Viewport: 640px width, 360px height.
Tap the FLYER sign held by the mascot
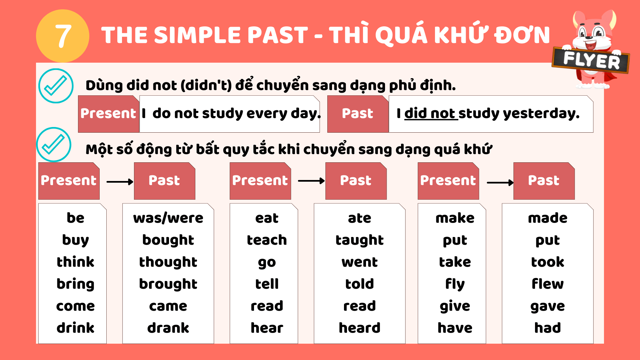tap(591, 60)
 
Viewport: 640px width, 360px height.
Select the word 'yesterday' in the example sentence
tap(541, 114)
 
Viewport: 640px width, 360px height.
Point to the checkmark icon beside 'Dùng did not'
tap(56, 86)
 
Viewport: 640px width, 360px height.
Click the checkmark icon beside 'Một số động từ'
tap(53, 145)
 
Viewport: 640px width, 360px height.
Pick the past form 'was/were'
tap(168, 218)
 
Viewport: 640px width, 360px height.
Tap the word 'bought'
tap(168, 240)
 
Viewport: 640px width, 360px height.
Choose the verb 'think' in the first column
tap(75, 262)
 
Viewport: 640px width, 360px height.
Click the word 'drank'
tap(168, 328)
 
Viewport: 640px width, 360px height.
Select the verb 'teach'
tap(267, 240)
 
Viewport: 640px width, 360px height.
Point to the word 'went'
tap(360, 262)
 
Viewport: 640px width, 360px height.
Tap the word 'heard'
tap(360, 328)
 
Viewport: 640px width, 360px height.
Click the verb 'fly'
tap(455, 284)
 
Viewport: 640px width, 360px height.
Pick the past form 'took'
tap(548, 262)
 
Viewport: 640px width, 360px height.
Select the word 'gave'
tap(548, 306)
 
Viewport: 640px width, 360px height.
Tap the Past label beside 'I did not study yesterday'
tap(358, 114)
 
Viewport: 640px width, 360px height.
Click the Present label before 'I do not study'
tap(109, 114)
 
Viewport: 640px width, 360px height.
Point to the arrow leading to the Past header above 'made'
tap(500, 183)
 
